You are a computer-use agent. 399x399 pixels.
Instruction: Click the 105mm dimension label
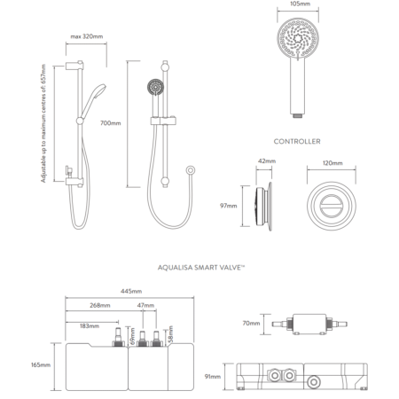pos(298,4)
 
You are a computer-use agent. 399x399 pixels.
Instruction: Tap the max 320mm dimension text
pos(87,36)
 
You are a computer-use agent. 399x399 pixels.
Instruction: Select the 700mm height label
pos(111,123)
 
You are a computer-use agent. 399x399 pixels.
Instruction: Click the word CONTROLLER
pos(297,141)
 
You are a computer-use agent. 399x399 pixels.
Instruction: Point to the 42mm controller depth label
pos(267,161)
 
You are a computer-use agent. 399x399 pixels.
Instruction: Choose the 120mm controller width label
pos(332,163)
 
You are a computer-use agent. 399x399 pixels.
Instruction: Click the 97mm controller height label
pos(229,206)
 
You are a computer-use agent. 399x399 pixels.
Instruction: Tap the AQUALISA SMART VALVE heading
pos(201,268)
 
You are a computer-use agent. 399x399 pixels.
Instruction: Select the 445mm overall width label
pos(131,292)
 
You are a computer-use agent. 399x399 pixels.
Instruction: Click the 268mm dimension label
pos(100,305)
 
